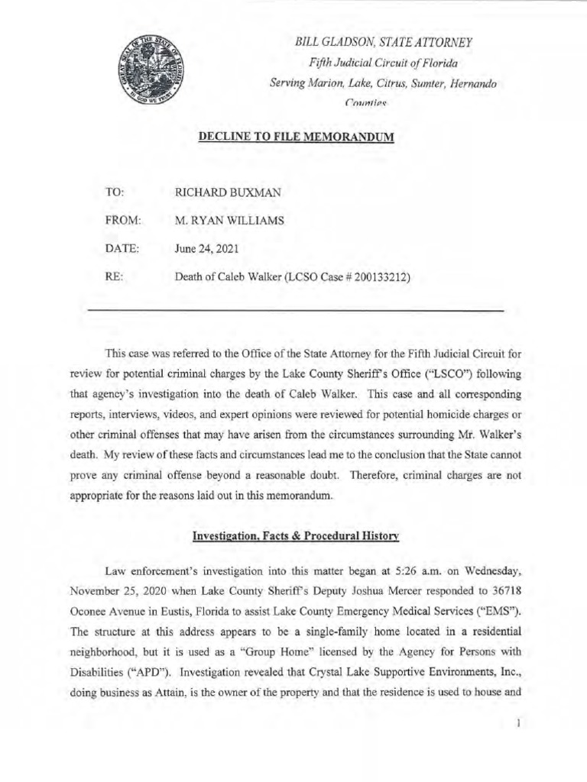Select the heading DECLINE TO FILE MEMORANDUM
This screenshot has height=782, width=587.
(296, 138)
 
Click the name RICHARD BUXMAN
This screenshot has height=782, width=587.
(228, 193)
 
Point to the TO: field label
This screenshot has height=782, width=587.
(114, 193)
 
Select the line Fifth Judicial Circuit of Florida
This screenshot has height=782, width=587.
(383, 63)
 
